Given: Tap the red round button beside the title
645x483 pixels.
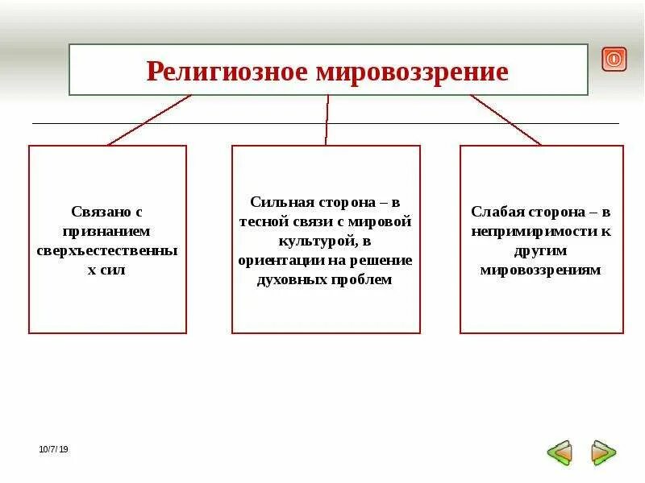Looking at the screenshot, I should [x=614, y=59].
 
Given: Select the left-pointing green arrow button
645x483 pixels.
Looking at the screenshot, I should [x=559, y=452].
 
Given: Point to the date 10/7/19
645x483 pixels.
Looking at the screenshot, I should [x=54, y=449].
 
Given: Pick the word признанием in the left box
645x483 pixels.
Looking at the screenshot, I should [x=107, y=231].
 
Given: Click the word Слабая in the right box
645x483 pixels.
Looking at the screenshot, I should [x=497, y=212].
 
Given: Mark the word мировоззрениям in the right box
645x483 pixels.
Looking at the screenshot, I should [x=541, y=270].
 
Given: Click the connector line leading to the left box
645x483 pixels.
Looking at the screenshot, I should [x=149, y=120].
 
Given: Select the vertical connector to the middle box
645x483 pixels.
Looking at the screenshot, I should [x=327, y=120].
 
